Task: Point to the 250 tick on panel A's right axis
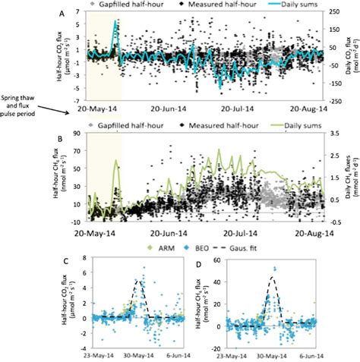coord(328,9)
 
